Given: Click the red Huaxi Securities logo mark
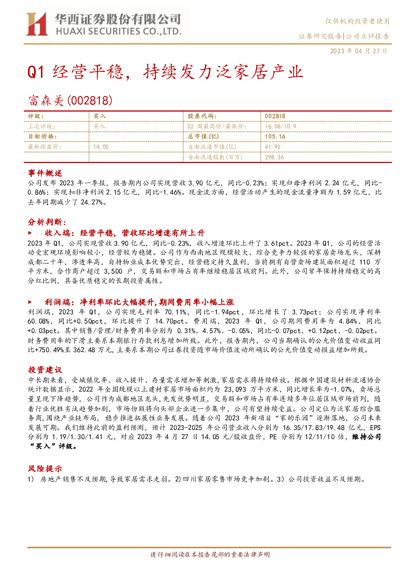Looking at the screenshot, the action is [x=37, y=24].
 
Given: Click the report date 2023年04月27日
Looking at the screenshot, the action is [x=359, y=51].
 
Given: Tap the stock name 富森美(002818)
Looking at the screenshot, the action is [x=70, y=101].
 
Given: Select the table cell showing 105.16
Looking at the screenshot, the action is [x=275, y=136].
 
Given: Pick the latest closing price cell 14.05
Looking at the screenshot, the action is [x=101, y=147].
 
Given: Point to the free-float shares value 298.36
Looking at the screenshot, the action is [x=274, y=157].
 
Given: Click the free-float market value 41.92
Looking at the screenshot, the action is [x=273, y=147].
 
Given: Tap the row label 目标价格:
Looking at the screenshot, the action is [x=42, y=136].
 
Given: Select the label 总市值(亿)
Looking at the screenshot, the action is [x=203, y=136].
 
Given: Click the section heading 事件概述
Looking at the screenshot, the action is [x=45, y=173].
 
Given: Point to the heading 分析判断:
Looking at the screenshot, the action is [x=47, y=222].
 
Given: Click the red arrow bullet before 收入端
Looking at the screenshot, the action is [x=30, y=233].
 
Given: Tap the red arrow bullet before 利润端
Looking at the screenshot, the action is [x=30, y=302].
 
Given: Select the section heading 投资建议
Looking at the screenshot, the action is [x=45, y=370].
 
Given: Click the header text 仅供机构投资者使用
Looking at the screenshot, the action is [x=357, y=21].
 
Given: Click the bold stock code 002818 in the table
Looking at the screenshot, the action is [x=275, y=116].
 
